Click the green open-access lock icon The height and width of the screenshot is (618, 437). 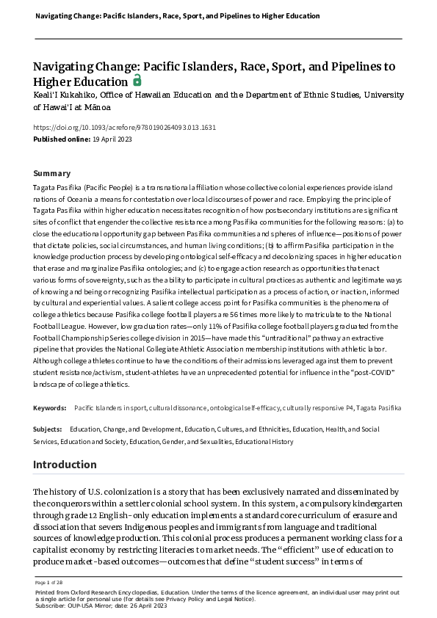pos(137,81)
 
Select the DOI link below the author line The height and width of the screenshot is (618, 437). pos(125,127)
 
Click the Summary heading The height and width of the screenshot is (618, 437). pos(52,173)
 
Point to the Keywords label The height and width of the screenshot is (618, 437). pos(50,407)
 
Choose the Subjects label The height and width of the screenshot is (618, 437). pos(48,429)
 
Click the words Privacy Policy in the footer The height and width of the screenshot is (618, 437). pos(188,599)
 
